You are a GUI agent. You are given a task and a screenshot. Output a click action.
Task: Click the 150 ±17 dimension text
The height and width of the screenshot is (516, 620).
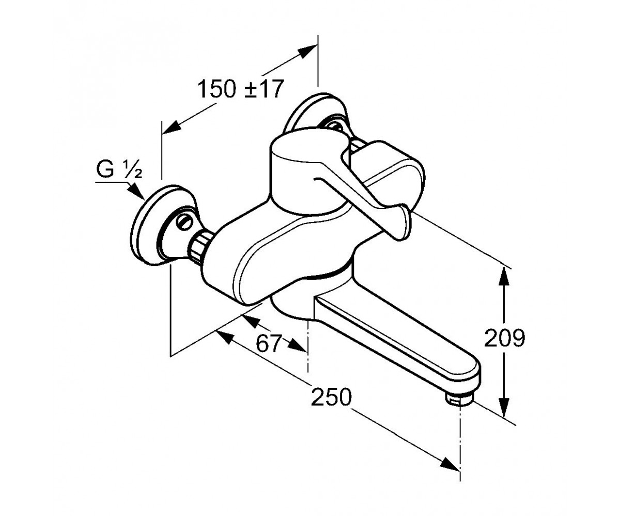(x=240, y=89)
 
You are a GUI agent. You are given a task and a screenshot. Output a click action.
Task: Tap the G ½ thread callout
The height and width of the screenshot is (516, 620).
(x=119, y=170)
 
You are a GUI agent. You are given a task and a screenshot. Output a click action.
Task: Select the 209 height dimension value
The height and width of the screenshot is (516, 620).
(x=504, y=338)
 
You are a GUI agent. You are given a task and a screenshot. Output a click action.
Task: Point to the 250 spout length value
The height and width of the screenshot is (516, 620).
(x=331, y=397)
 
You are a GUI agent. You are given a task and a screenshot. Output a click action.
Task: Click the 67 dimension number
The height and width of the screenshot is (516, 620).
(x=269, y=344)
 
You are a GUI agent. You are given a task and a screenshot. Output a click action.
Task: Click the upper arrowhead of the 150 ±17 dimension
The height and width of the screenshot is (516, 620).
(x=307, y=52)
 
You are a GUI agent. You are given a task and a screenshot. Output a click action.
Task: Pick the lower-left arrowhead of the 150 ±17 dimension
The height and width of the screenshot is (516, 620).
(x=172, y=128)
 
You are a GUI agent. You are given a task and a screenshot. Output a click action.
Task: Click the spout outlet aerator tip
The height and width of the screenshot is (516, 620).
(x=460, y=400)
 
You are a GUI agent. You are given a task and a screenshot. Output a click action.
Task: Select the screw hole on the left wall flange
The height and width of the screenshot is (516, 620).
(x=184, y=221)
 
